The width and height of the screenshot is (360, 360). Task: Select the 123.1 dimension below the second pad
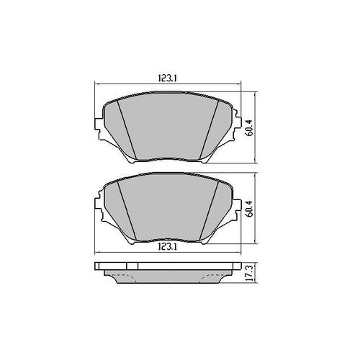[166, 247]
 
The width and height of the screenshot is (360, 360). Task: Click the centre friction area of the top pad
[166, 126]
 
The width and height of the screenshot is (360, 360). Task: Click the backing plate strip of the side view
[166, 267]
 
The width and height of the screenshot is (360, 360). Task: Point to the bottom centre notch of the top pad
[166, 161]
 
